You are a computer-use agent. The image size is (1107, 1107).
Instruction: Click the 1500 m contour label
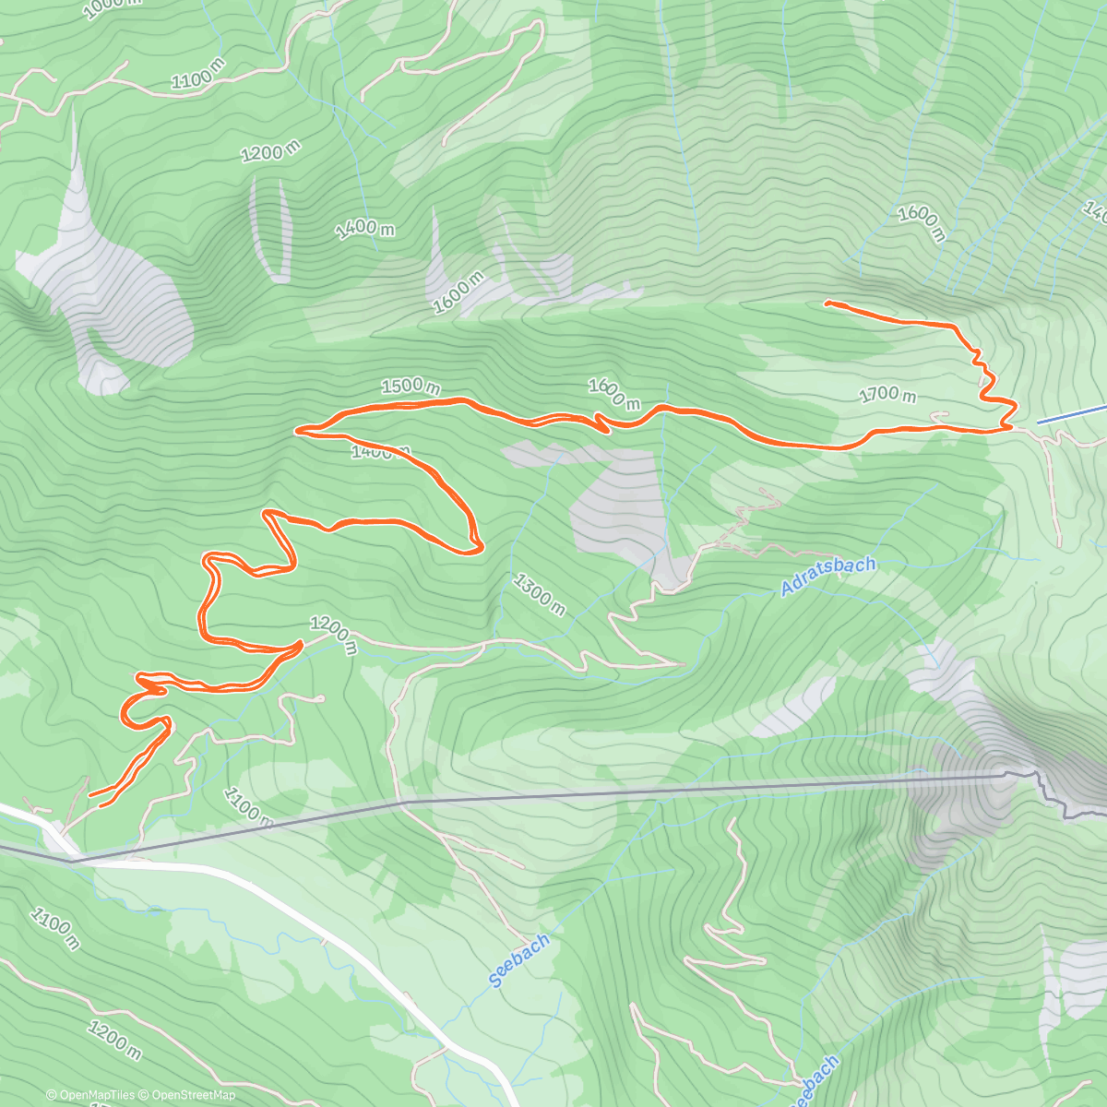click(x=410, y=386)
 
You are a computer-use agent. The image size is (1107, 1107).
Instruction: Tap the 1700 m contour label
click(x=887, y=394)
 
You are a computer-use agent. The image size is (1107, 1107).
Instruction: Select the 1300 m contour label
click(x=540, y=595)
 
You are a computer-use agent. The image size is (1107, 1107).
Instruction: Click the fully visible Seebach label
click(x=519, y=960)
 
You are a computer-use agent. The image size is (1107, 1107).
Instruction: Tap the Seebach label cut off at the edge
click(x=815, y=1080)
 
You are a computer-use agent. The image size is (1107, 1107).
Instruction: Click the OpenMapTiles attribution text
click(x=90, y=1095)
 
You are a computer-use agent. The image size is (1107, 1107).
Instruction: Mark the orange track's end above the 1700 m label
click(x=827, y=303)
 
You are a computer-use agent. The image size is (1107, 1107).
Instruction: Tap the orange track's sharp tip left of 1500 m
click(x=297, y=430)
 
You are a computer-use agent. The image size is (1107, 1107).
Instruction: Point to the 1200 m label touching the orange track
click(x=332, y=635)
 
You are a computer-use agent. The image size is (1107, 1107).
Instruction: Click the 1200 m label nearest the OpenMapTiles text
click(x=114, y=1038)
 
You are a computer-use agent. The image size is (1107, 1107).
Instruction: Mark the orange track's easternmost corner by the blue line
click(x=1015, y=406)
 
